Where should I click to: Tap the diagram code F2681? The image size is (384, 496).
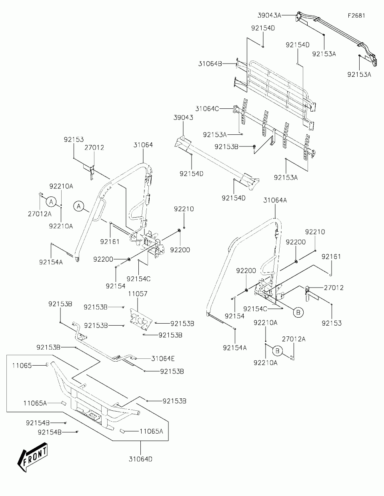pyautogui.click(x=356, y=16)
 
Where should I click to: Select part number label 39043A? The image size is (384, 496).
pyautogui.click(x=270, y=16)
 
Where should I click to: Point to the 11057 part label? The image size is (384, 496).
pyautogui.click(x=138, y=294)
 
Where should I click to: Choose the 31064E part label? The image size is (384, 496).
pyautogui.click(x=163, y=359)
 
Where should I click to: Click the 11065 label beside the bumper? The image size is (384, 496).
pyautogui.click(x=22, y=366)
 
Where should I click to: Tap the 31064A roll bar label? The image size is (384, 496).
pyautogui.click(x=275, y=200)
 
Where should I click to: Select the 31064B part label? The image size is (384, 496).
pyautogui.click(x=210, y=64)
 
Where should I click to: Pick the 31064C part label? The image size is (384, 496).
pyautogui.click(x=207, y=109)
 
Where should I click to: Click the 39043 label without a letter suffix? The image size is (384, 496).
pyautogui.click(x=183, y=118)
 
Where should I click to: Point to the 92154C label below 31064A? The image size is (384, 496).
pyautogui.click(x=255, y=309)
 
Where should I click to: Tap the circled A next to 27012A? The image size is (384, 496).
pyautogui.click(x=51, y=202)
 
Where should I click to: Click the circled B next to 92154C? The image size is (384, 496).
pyautogui.click(x=298, y=312)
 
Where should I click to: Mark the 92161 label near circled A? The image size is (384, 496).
pyautogui.click(x=110, y=242)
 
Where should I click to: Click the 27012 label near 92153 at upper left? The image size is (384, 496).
pyautogui.click(x=94, y=148)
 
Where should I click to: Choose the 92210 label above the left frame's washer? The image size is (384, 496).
pyautogui.click(x=184, y=209)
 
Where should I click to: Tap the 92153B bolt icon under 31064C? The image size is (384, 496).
pyautogui.click(x=254, y=147)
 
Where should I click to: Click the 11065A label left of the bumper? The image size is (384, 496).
pyautogui.click(x=35, y=403)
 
